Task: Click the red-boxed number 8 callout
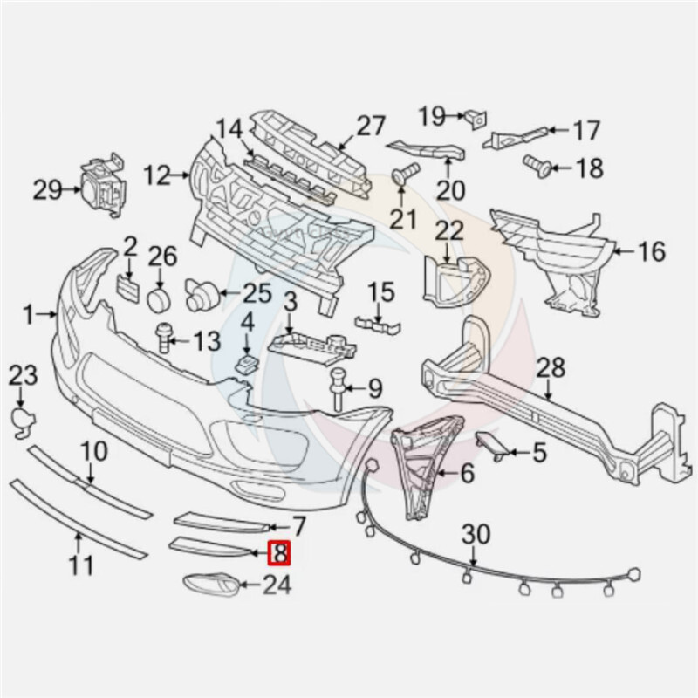click(279, 553)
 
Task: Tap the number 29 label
click(48, 191)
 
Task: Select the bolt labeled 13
click(163, 338)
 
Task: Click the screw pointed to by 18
click(537, 167)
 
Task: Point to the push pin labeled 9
click(338, 388)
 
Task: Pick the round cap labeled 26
click(160, 299)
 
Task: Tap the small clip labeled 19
click(476, 119)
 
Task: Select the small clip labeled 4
click(247, 364)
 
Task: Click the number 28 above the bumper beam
click(551, 367)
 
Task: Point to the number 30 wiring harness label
click(476, 535)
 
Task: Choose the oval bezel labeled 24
click(211, 584)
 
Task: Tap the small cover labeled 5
click(492, 445)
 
